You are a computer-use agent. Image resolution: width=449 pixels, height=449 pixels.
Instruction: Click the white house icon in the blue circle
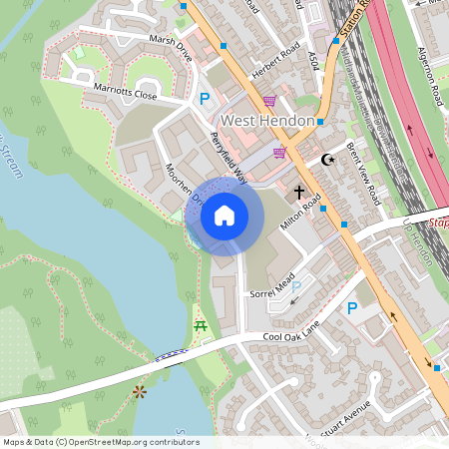tap(224, 216)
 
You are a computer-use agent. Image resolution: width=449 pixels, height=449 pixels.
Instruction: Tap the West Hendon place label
tap(267, 121)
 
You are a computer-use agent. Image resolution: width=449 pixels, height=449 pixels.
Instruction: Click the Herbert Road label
tap(276, 58)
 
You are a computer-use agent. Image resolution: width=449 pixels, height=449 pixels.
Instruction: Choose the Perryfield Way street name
tap(229, 159)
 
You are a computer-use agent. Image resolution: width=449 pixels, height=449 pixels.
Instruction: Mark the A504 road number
tap(314, 44)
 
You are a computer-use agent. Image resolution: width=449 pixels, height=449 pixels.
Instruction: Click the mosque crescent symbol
tap(326, 159)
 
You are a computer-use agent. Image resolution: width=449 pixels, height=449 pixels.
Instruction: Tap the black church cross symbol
tap(298, 189)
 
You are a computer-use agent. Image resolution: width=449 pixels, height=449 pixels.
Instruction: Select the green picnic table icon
tap(200, 325)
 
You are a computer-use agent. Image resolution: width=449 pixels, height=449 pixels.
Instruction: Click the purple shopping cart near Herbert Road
tap(269, 101)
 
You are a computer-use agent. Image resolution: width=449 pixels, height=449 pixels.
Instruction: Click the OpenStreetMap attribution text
tap(100, 442)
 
